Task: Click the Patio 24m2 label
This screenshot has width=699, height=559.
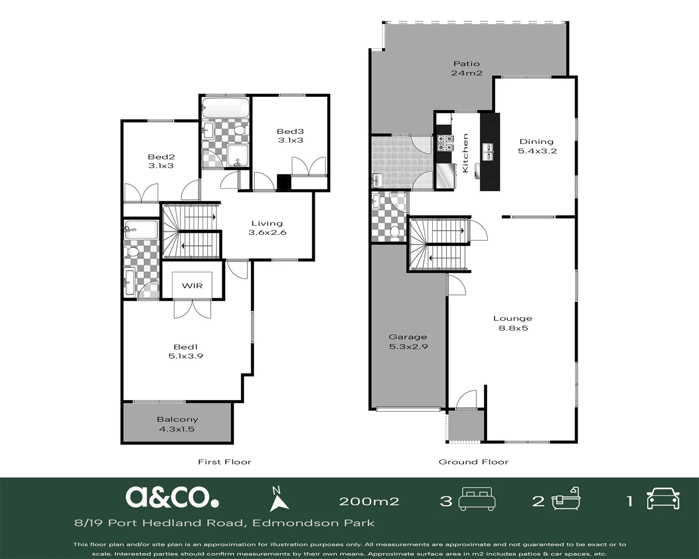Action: point(467,68)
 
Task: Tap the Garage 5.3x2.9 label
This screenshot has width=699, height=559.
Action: point(409,342)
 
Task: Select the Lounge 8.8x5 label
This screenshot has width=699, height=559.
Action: point(513,323)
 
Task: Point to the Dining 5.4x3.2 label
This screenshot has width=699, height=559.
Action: point(536,146)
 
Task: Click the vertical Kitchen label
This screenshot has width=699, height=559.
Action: point(465,153)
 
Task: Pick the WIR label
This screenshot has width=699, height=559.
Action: point(192,286)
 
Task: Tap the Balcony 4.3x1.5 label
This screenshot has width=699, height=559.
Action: point(177,424)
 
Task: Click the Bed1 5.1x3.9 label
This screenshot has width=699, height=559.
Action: point(186,351)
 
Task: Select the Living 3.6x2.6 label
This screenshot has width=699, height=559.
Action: point(267,228)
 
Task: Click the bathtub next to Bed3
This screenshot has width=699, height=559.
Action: point(225,108)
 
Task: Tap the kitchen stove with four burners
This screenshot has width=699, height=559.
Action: point(445,143)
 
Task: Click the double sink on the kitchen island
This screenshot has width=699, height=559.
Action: point(488,152)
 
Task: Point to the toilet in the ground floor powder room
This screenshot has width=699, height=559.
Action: point(395,233)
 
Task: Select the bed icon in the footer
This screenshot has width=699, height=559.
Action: point(477,499)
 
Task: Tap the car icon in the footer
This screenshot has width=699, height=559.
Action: point(663,498)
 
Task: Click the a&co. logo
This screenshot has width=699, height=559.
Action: point(172,497)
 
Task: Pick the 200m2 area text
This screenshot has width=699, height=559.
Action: point(369,502)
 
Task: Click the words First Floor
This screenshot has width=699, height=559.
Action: point(225,462)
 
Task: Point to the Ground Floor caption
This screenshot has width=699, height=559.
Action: point(474,462)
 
